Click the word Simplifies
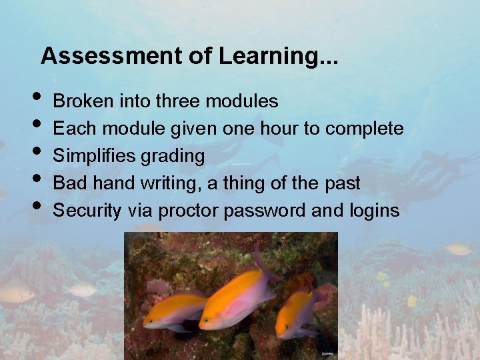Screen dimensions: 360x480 click(x=93, y=156)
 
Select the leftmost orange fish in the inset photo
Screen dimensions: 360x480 click(x=175, y=309)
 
